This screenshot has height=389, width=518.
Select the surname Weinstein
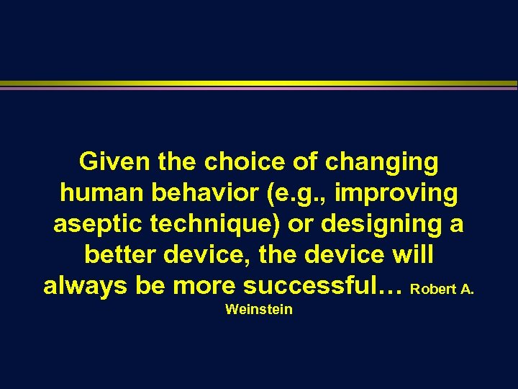coord(258,310)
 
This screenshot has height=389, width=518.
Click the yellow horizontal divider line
coord(259,84)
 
